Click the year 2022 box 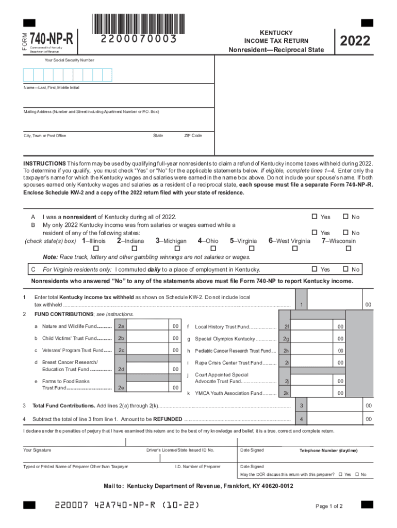pos(355,40)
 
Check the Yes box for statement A pos(313,217)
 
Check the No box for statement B pos(346,233)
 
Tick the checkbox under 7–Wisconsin pos(348,249)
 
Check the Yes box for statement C pos(313,269)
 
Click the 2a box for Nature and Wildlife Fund pos(121,326)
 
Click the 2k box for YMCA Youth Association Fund pos(286,393)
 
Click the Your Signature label pos(37,450)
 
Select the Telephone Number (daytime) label pos(328,451)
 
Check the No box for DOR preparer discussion pos(356,474)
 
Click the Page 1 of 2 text pos(329,506)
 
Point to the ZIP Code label pos(193,136)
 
